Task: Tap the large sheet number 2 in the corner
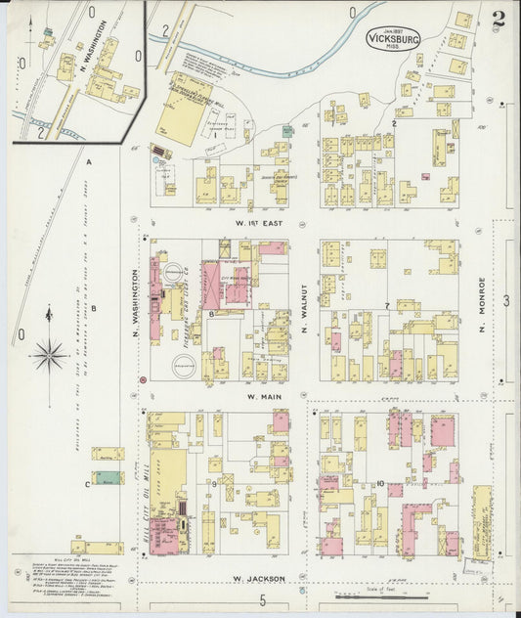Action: click(x=499, y=18)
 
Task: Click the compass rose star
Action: click(x=49, y=355)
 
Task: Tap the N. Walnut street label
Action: click(x=304, y=315)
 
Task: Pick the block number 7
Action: click(x=387, y=307)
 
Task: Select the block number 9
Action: click(x=213, y=484)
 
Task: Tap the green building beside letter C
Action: click(x=109, y=478)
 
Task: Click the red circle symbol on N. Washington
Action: click(x=143, y=378)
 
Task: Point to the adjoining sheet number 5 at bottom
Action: click(x=262, y=598)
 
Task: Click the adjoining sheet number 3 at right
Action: click(x=505, y=301)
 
